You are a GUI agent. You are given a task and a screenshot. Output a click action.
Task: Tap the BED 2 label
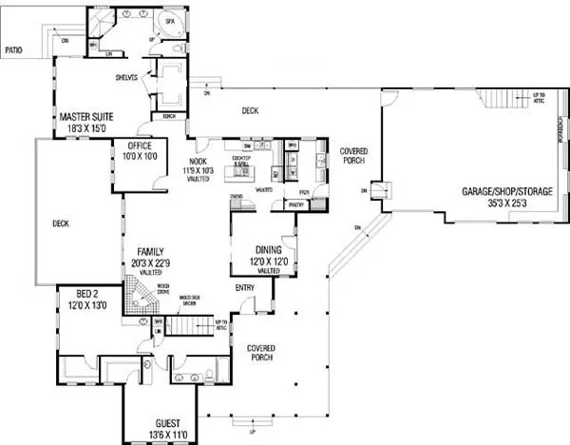[77, 297]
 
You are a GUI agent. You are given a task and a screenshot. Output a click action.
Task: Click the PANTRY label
[296, 204]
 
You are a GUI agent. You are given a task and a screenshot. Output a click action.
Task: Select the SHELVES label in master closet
[127, 78]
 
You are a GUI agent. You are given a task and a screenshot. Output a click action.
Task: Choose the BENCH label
[170, 116]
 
